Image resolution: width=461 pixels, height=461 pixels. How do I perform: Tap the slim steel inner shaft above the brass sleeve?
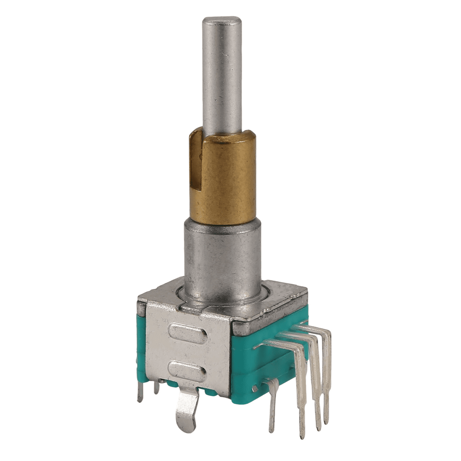222,77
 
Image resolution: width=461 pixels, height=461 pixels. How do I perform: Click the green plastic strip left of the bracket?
141,346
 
